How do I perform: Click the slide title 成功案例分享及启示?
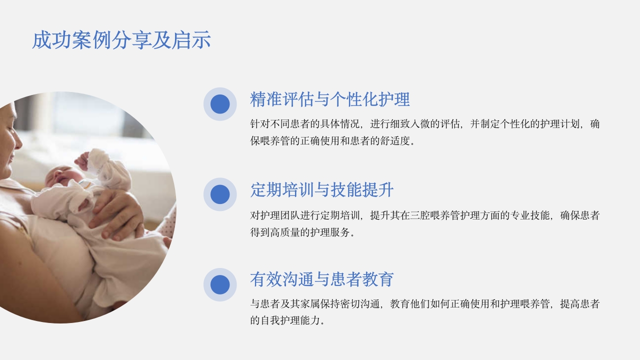121,40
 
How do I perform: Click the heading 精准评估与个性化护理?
330,99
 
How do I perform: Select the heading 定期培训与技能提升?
322,190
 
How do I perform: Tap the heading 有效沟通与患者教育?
322,279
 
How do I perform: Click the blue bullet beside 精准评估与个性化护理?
220,104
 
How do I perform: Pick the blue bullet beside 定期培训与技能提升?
220,194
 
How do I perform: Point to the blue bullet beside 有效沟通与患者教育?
220,284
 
